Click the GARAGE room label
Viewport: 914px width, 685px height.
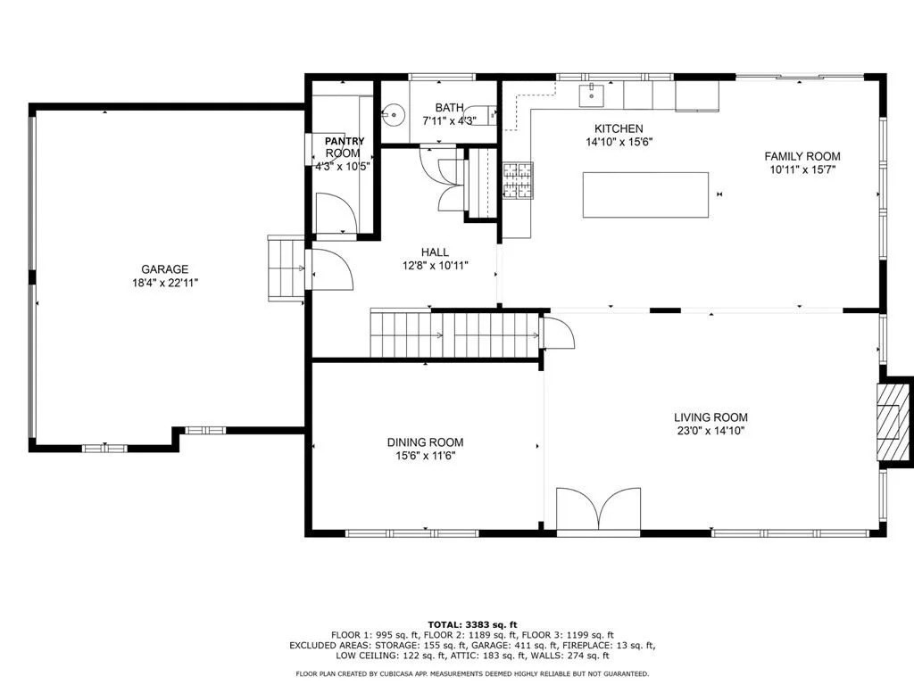[165, 269]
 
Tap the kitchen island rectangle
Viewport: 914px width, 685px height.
[646, 194]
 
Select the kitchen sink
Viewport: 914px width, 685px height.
[593, 95]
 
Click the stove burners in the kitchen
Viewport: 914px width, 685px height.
[518, 180]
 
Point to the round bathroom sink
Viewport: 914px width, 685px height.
[395, 113]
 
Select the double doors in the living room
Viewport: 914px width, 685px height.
[599, 508]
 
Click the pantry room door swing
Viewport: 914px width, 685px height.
[336, 213]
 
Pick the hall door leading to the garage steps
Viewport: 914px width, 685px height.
[332, 269]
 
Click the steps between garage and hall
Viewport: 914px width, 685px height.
[286, 268]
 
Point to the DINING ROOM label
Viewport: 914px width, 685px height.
[426, 442]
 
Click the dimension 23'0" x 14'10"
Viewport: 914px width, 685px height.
[710, 431]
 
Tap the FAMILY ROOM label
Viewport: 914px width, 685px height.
[802, 156]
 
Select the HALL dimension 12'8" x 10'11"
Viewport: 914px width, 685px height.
[435, 266]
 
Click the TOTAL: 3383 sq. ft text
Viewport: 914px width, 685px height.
[473, 625]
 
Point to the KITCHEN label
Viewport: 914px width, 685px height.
[619, 128]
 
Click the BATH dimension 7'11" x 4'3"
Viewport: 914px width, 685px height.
[450, 120]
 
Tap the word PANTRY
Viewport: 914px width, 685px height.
[345, 141]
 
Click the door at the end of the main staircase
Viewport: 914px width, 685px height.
[558, 333]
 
